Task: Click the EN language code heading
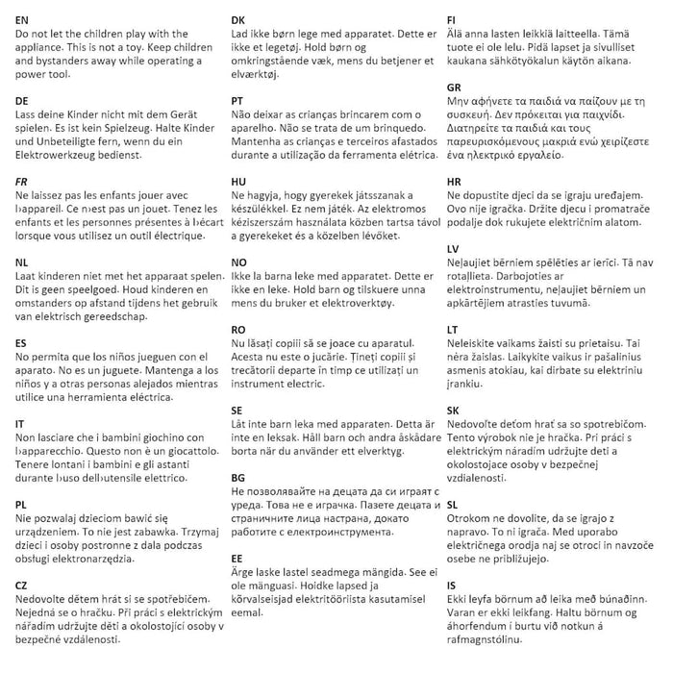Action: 22,19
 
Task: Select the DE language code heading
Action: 22,100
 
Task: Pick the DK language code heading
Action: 239,19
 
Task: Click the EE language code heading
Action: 238,557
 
